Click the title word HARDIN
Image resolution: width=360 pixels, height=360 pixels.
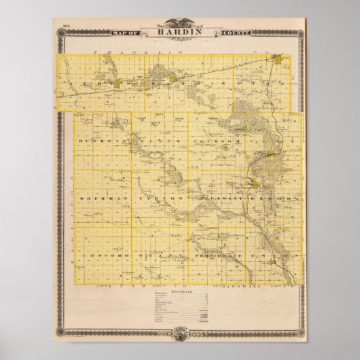[180, 31]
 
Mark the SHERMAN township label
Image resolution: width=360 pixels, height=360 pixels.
[98, 198]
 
